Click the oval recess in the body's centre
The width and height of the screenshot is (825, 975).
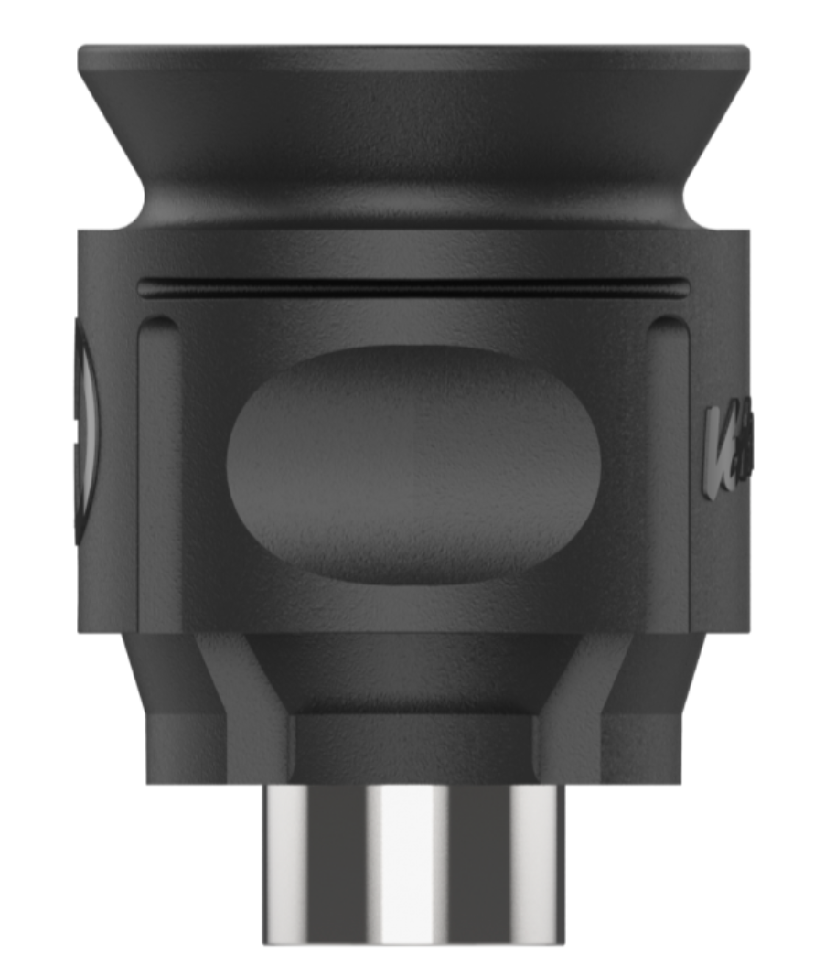[413, 464]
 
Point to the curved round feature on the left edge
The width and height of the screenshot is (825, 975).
[85, 430]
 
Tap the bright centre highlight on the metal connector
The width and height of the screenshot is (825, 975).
[407, 864]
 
